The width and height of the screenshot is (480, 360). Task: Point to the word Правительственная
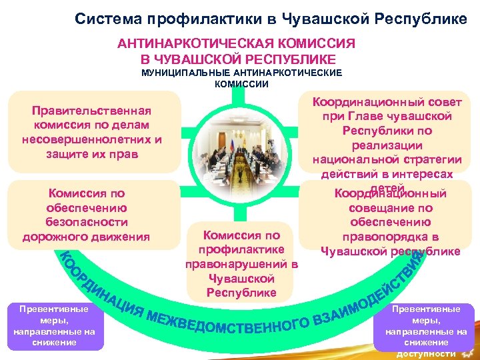pos(93,110)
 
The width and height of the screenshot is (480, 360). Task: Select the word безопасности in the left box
pos(87,222)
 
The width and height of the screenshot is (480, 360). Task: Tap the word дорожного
pos(53,237)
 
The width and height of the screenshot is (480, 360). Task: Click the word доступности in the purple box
pos(425,353)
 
